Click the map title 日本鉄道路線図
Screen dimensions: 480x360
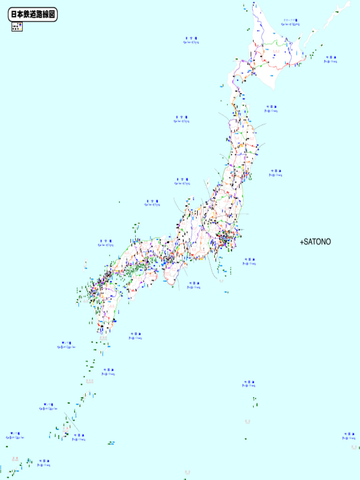[33, 15]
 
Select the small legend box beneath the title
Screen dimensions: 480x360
[17, 27]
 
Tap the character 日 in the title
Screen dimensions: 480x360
[14, 15]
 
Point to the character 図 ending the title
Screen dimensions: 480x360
[52, 15]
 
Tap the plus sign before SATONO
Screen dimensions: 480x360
[301, 242]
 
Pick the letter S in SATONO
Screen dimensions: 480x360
[306, 242]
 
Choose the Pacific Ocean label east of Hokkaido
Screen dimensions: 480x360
[330, 59]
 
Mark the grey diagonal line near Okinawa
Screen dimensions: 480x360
[69, 418]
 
